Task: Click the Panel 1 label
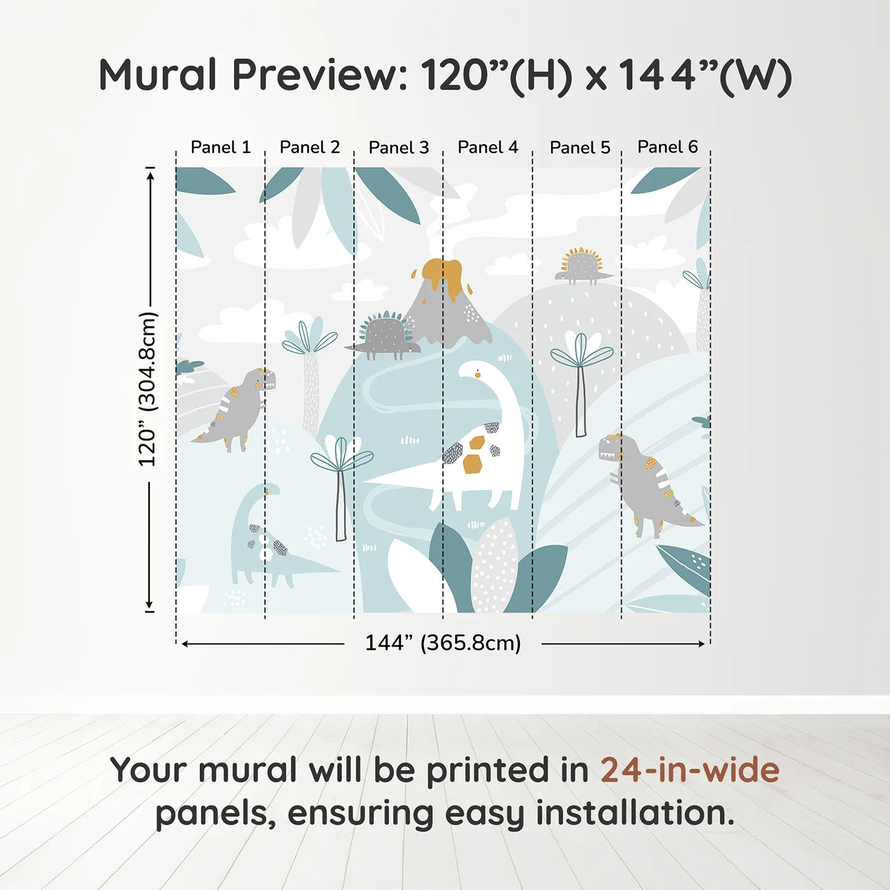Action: [221, 147]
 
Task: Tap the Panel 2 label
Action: [310, 147]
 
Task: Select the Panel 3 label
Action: [399, 147]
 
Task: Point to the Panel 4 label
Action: [488, 147]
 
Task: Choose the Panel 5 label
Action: [580, 147]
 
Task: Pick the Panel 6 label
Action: [667, 147]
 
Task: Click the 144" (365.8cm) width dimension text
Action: [442, 643]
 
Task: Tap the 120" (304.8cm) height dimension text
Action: [147, 389]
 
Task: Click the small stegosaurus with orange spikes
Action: [582, 265]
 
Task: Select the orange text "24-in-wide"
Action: [690, 770]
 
